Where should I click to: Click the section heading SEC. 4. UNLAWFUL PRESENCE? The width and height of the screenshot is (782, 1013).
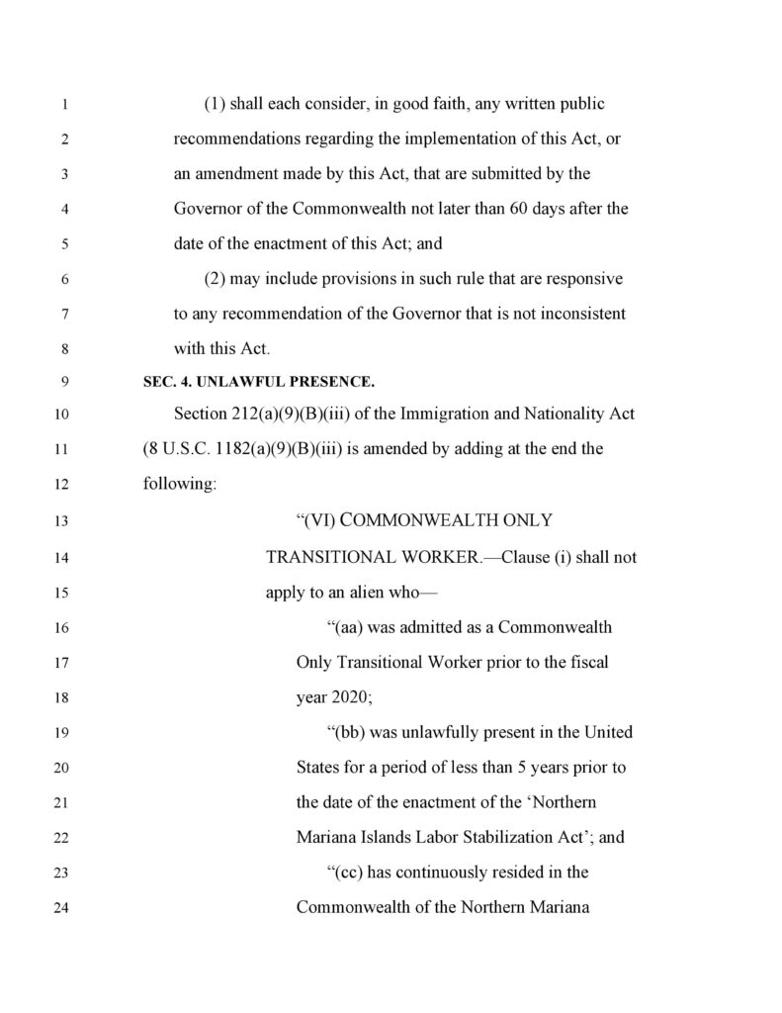259,381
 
